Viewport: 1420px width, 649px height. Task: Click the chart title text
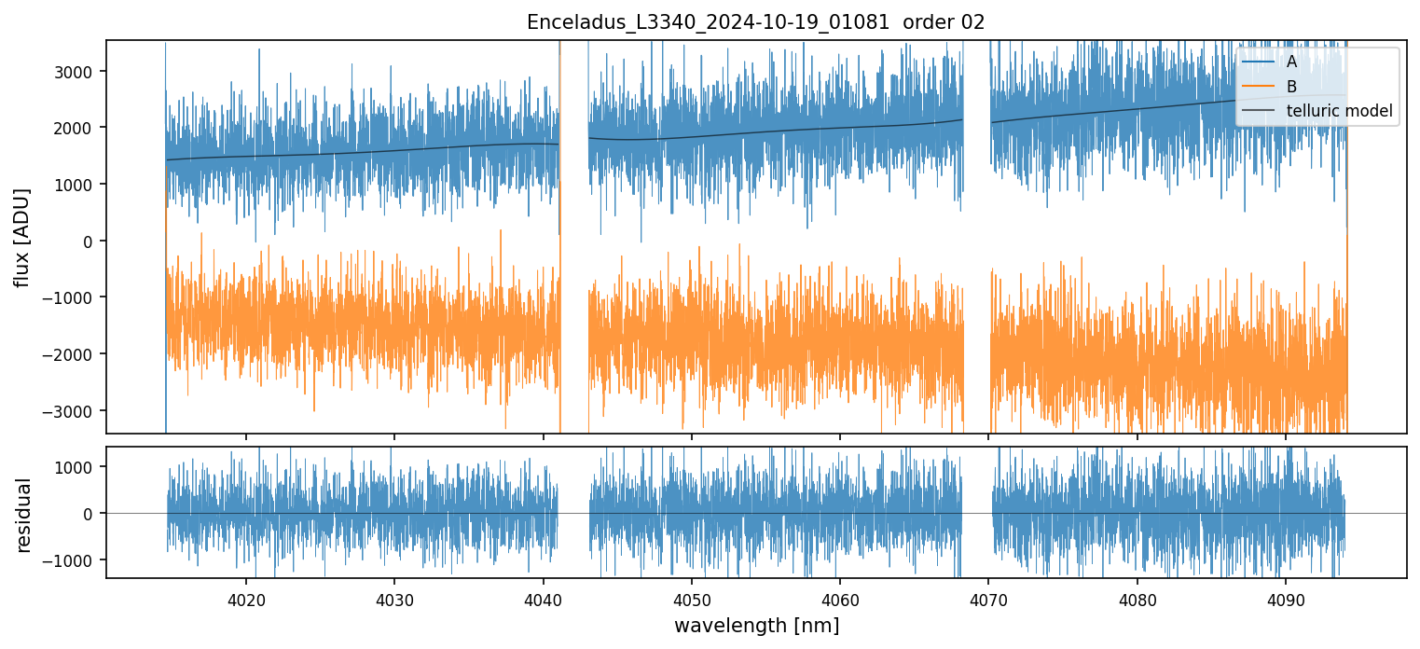(755, 22)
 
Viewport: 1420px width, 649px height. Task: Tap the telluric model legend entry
(1339, 111)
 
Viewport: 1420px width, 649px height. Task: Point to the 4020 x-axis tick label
(246, 598)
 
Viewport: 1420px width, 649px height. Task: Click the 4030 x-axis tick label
(394, 598)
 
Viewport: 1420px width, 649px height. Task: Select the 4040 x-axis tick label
(543, 598)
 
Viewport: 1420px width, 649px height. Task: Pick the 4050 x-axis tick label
(691, 598)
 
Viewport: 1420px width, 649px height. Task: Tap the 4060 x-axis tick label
(840, 598)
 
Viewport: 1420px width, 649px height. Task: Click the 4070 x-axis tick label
(988, 598)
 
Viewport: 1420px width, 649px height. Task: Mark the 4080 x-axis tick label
(1137, 598)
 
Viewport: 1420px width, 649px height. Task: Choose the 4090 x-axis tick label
(1286, 598)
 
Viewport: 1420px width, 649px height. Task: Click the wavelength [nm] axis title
(756, 625)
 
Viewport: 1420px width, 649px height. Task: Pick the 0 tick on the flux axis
(90, 241)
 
